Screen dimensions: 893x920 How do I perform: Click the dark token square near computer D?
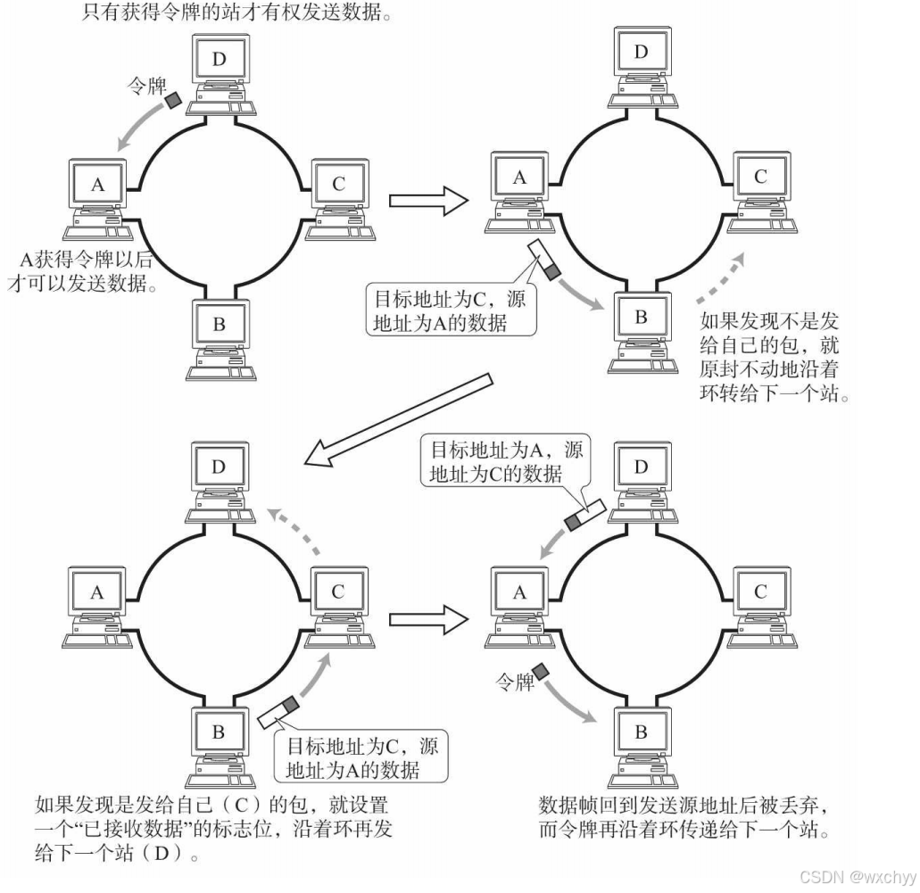click(x=172, y=102)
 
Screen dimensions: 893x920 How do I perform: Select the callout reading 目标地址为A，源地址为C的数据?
click(x=506, y=461)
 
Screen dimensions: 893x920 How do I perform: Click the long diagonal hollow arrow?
click(x=398, y=418)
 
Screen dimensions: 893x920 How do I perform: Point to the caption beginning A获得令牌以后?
click(x=87, y=271)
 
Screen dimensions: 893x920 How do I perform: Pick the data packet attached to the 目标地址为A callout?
click(x=583, y=514)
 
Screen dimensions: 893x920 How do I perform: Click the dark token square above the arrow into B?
click(x=540, y=671)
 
